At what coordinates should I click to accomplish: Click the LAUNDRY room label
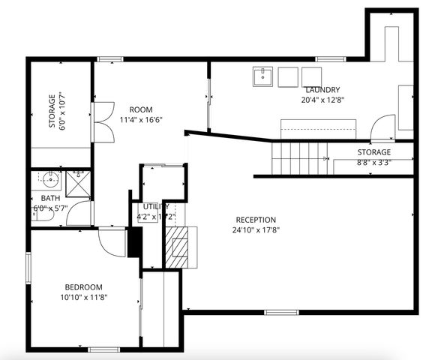click(322, 89)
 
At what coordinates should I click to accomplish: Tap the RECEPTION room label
click(256, 220)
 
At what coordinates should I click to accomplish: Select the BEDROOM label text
click(83, 287)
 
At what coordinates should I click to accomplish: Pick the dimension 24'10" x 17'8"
click(256, 230)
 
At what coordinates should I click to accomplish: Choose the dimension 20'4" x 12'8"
click(322, 99)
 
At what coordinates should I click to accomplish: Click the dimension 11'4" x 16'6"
click(140, 119)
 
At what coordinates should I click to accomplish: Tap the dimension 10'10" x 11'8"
click(83, 298)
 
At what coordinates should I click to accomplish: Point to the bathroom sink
click(49, 180)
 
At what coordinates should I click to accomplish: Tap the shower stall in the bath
click(77, 181)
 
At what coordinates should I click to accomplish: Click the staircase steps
click(299, 157)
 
